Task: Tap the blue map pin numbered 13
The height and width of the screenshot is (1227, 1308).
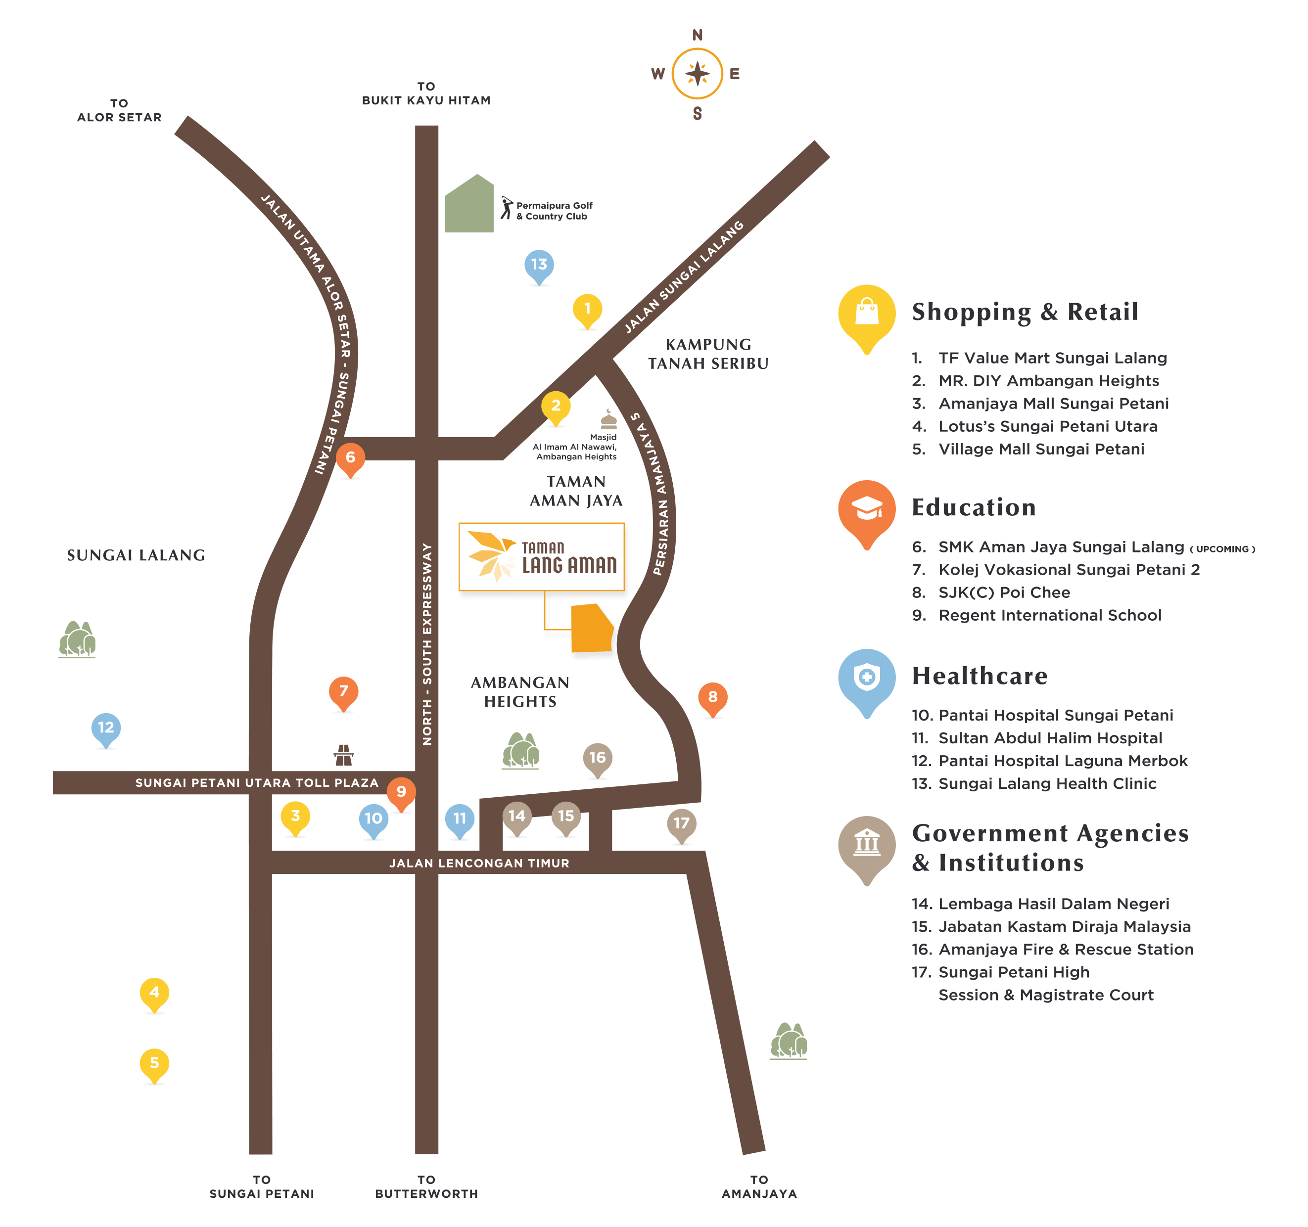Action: (539, 266)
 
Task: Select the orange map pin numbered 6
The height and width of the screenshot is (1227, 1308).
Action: (350, 458)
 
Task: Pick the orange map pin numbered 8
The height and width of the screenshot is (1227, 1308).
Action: (712, 698)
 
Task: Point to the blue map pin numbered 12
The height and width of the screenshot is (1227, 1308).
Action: (106, 729)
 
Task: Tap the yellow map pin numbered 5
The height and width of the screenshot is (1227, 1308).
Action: (154, 1064)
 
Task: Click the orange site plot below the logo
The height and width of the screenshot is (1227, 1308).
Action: (592, 630)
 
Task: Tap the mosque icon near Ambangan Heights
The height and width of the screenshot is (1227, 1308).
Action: (608, 420)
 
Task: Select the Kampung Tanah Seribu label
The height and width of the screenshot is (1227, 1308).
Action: (708, 354)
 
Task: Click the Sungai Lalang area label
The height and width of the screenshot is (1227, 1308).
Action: (136, 556)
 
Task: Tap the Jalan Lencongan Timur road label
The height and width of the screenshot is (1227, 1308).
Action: (479, 863)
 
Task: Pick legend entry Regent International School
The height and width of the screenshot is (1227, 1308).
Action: (1049, 616)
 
